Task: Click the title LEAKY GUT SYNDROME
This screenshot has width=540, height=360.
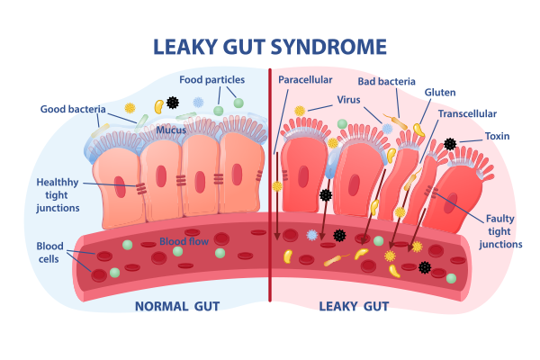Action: coord(270,46)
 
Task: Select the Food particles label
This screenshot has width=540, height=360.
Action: coord(212,79)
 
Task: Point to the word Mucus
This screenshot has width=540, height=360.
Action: coord(171,130)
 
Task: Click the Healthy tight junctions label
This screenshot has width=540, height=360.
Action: coord(58,194)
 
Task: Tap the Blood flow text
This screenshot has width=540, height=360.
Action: coord(184,241)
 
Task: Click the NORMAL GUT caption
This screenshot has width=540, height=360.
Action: coord(177,307)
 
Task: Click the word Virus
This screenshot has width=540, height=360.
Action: coord(350,99)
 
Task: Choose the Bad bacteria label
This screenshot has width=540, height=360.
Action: coord(388,80)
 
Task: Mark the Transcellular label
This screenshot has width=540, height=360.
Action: coord(467,114)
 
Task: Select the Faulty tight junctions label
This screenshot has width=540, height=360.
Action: coord(500,231)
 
